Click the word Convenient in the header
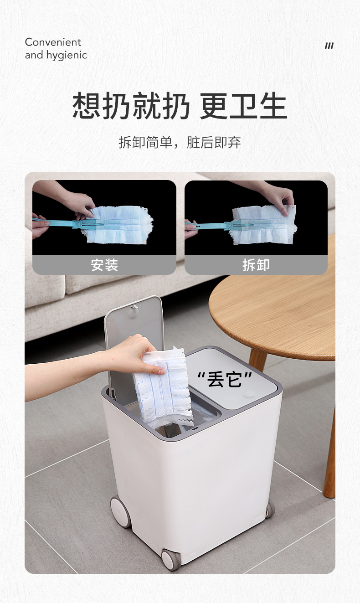[x=53, y=42]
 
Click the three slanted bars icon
[x=329, y=46]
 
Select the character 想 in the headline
[x=86, y=106]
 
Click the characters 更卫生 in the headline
[x=243, y=106]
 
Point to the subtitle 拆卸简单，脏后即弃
[x=180, y=142]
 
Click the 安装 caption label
[x=104, y=265]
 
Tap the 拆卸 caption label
[x=256, y=265]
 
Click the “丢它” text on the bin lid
[x=224, y=379]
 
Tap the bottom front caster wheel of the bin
[x=171, y=560]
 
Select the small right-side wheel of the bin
[x=270, y=509]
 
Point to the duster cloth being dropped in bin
[x=163, y=387]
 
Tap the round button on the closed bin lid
[x=249, y=395]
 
